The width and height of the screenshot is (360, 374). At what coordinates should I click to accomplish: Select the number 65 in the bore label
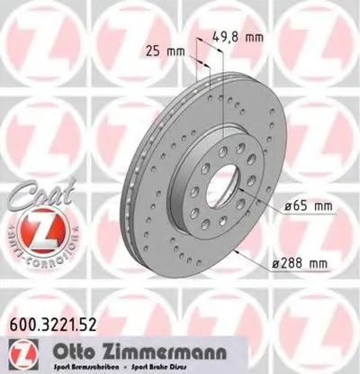[294, 208]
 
